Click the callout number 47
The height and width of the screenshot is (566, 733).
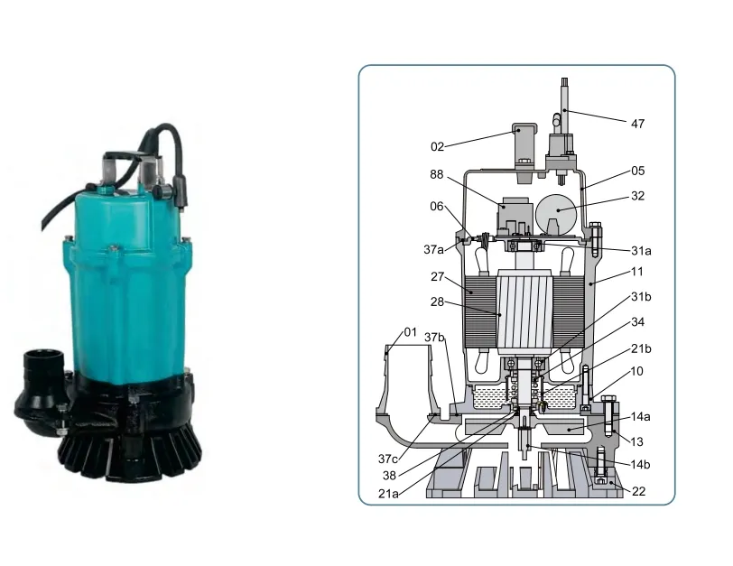coord(637,123)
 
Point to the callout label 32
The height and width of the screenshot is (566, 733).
coord(638,195)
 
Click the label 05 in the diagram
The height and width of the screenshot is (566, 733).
coord(637,171)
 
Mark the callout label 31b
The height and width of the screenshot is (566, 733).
coord(640,297)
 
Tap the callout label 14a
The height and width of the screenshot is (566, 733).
coord(640,417)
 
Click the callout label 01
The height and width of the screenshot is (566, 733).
coord(411,333)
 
